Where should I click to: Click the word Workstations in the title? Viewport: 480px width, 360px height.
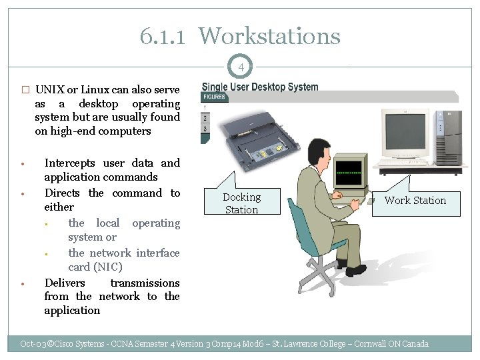269,36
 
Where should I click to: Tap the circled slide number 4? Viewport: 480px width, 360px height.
241,67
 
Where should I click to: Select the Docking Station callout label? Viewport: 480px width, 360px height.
241,203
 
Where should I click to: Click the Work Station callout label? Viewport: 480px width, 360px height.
415,200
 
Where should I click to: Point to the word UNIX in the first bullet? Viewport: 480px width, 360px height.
49,90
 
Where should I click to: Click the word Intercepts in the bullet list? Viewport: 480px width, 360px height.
69,163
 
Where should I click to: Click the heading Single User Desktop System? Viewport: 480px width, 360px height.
260,87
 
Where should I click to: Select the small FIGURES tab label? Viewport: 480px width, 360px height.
215,97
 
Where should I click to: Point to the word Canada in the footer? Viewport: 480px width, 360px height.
414,344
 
